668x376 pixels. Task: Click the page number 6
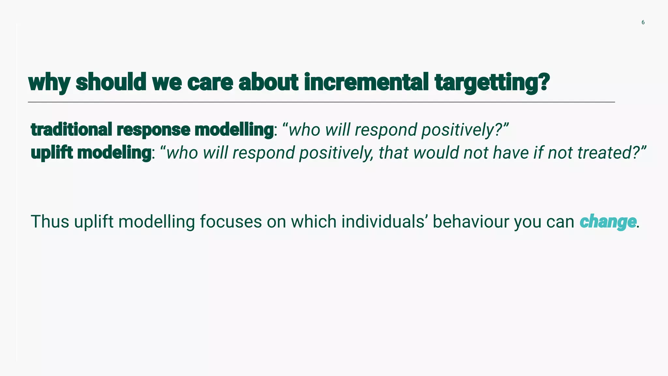pyautogui.click(x=643, y=23)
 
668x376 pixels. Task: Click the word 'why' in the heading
pyautogui.click(x=49, y=83)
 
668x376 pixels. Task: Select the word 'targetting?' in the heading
pyautogui.click(x=492, y=83)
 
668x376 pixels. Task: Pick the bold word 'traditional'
pyautogui.click(x=71, y=130)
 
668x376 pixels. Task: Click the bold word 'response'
pyautogui.click(x=153, y=130)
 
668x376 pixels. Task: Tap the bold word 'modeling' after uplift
pyautogui.click(x=114, y=153)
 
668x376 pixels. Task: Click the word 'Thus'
pyautogui.click(x=50, y=222)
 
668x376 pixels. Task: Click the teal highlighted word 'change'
pyautogui.click(x=608, y=222)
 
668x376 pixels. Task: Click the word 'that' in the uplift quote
pyautogui.click(x=393, y=153)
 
